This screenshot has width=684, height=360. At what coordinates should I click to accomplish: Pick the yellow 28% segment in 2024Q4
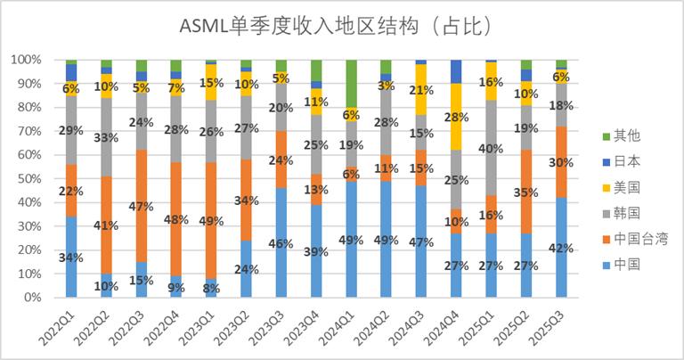[456, 117]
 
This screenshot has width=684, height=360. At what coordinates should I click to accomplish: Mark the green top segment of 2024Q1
[351, 83]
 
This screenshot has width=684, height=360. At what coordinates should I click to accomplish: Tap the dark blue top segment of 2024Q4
[456, 71]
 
